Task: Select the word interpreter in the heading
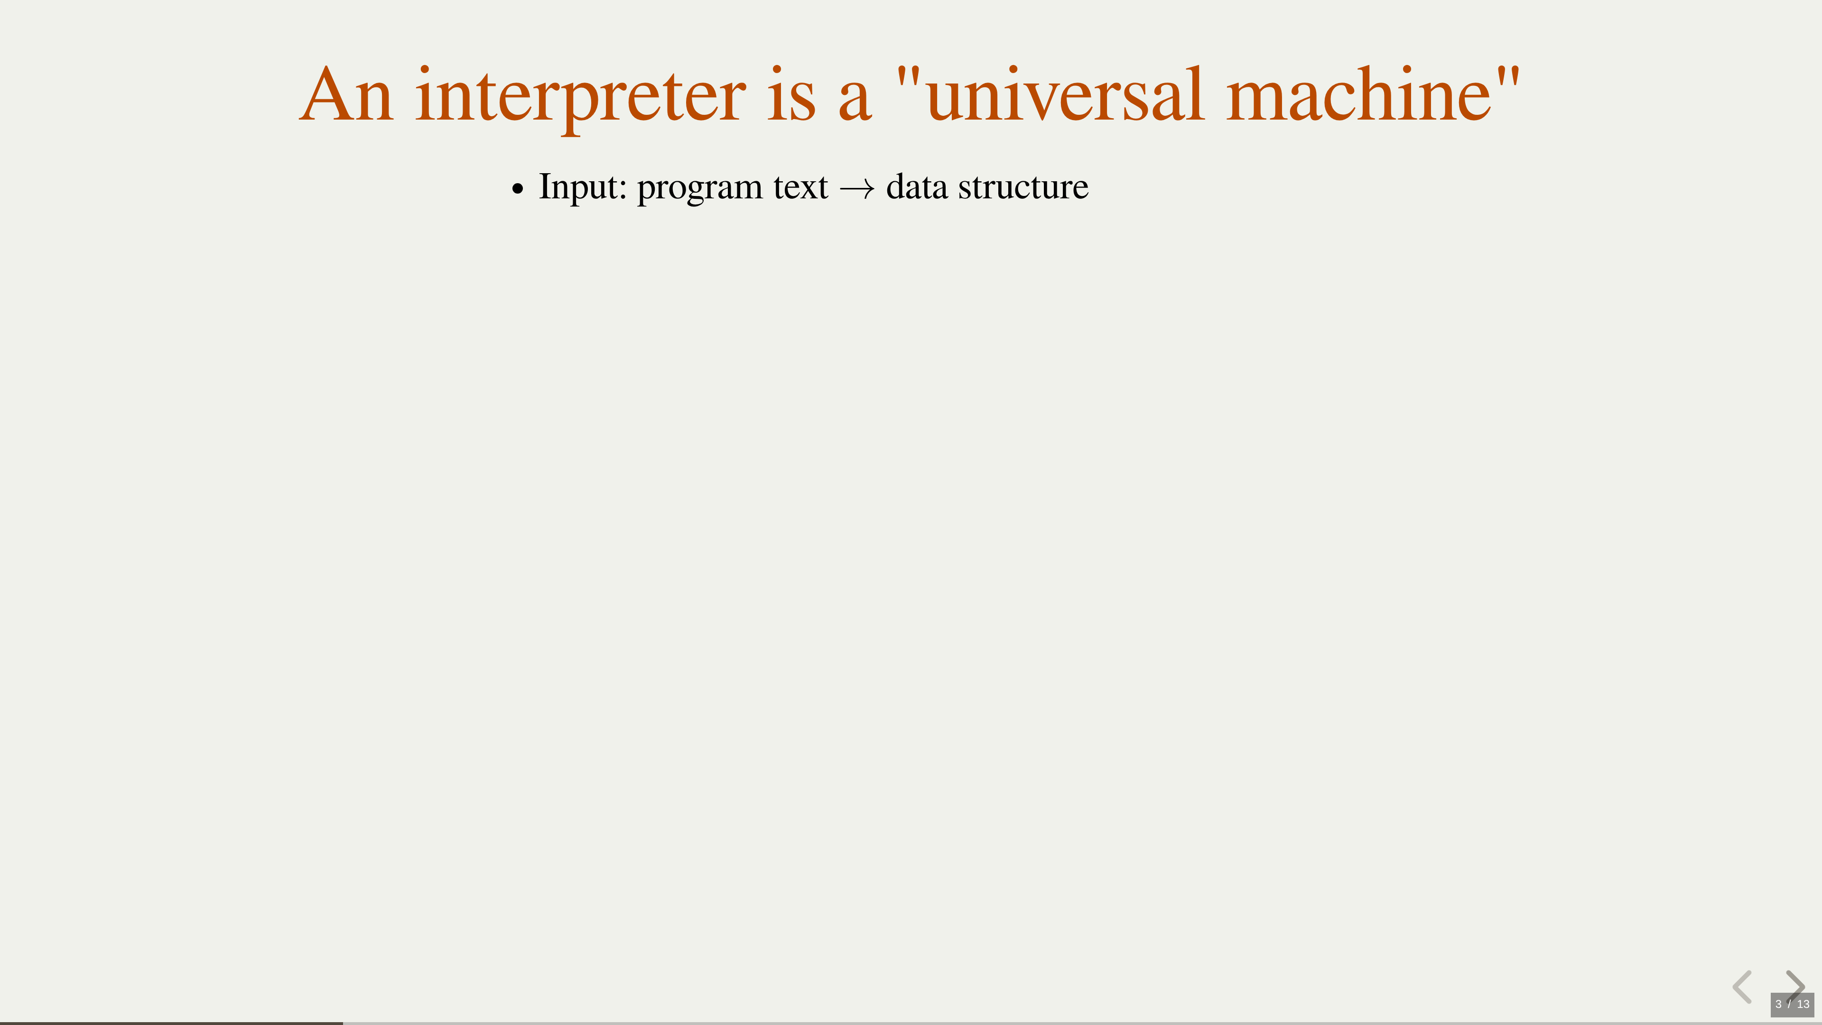click(x=580, y=100)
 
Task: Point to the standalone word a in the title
click(x=855, y=102)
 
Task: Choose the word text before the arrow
click(x=800, y=188)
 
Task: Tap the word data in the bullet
click(x=917, y=187)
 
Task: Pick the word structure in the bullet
click(x=1023, y=188)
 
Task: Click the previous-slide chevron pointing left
click(x=1742, y=987)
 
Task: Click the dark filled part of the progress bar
click(x=171, y=1023)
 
